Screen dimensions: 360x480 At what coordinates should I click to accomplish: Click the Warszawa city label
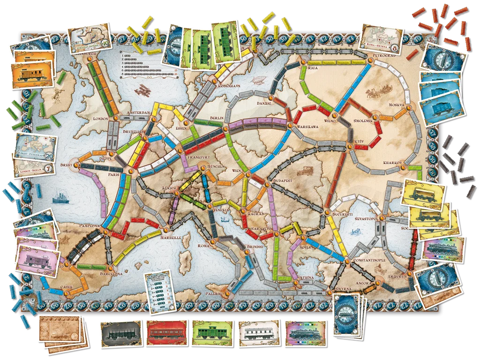308,127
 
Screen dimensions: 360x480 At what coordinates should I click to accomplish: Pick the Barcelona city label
111,273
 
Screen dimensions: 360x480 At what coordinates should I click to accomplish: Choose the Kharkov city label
393,163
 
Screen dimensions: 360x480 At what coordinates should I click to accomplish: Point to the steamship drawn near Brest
60,195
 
